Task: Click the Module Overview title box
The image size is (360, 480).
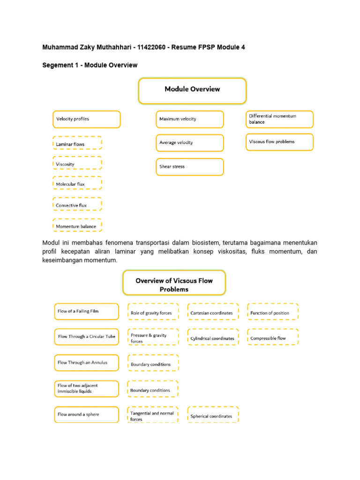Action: (x=192, y=90)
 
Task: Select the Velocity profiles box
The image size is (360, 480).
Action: (x=86, y=119)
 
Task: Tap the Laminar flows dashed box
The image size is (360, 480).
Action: (x=77, y=143)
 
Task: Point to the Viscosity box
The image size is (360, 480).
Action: (x=77, y=164)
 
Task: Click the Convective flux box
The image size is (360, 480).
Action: (x=77, y=205)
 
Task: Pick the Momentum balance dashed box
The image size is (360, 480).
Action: (x=77, y=226)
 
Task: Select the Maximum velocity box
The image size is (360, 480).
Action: (x=190, y=119)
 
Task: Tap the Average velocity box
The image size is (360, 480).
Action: (x=190, y=142)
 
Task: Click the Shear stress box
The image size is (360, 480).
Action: (x=190, y=167)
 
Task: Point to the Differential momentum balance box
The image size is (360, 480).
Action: (x=279, y=119)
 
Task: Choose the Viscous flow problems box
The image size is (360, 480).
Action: (x=279, y=142)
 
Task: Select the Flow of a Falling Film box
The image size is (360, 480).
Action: (x=86, y=311)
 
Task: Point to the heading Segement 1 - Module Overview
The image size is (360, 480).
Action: (x=90, y=65)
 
